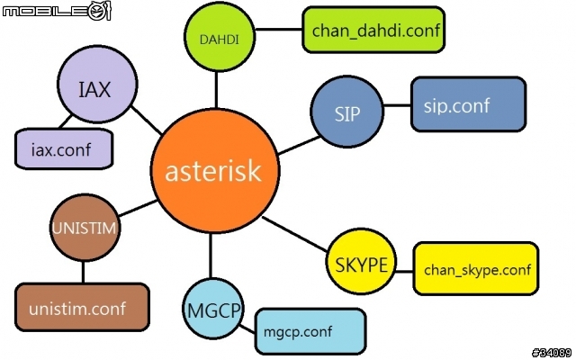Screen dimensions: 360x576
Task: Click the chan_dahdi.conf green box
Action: click(374, 31)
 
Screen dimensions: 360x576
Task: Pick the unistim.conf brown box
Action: click(83, 309)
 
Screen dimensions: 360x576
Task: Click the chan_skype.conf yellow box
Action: click(475, 268)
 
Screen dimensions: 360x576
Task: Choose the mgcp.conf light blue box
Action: click(311, 331)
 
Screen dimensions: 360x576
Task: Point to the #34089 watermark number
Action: click(550, 351)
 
